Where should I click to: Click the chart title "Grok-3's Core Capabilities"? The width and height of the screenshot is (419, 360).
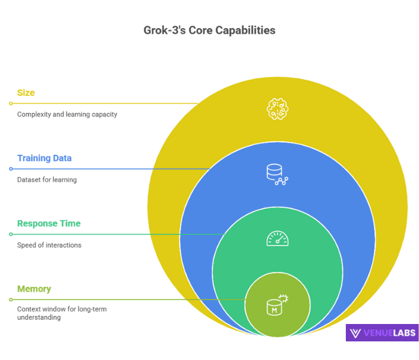coord(209,29)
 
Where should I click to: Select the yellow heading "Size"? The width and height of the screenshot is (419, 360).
coord(26,93)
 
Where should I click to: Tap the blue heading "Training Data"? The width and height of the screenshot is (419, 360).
coord(44,158)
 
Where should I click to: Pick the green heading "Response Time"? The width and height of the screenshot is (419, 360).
coord(49,224)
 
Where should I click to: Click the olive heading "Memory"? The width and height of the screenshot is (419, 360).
coord(34,289)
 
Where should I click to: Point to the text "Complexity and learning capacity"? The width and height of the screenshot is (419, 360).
coord(67,114)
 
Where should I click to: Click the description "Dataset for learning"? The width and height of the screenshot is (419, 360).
coord(47,179)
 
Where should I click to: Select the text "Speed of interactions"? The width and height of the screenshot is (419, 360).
coord(49,245)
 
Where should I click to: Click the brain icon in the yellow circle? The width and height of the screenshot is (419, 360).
coord(278,109)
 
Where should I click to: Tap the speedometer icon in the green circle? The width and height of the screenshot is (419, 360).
coord(278,239)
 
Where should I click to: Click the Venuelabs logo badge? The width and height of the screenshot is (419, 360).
coord(381,333)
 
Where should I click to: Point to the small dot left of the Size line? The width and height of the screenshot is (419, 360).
coord(11,103)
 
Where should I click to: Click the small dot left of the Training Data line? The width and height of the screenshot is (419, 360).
coord(11,169)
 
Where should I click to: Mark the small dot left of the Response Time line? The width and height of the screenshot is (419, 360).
coord(11,234)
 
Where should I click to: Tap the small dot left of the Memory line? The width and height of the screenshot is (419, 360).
coord(11,299)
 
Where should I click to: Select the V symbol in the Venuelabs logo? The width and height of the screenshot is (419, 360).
coord(355,333)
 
